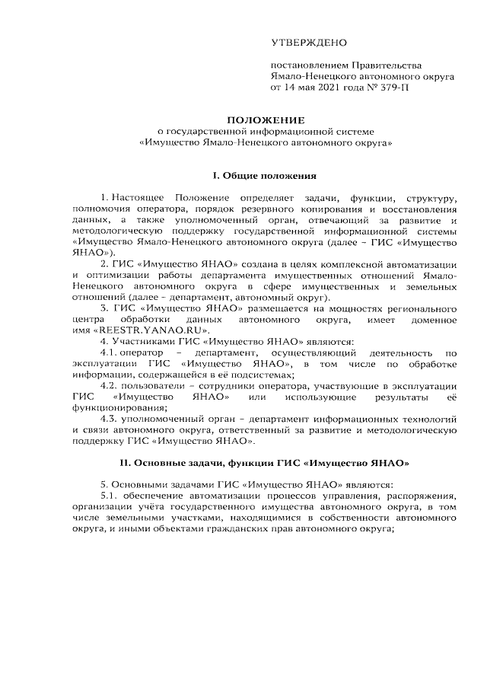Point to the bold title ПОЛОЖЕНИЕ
pos(265,120)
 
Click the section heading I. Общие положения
pos(265,175)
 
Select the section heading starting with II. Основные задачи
pos(265,463)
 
